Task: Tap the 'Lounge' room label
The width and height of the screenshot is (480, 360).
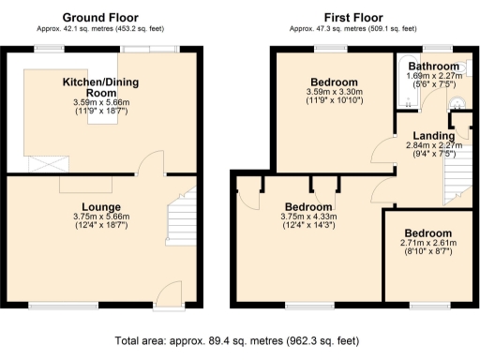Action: (99, 206)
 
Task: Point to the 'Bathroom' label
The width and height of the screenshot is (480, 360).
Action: (432, 67)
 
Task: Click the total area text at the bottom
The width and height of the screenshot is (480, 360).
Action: (240, 342)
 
